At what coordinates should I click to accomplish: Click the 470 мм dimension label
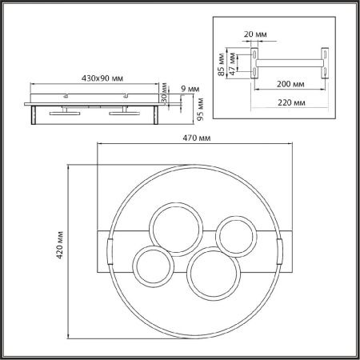click(x=197, y=138)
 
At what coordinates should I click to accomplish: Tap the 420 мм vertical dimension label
click(x=60, y=245)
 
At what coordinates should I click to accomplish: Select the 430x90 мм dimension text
click(x=102, y=78)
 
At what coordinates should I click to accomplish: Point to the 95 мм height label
click(x=200, y=110)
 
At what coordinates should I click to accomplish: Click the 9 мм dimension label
click(x=190, y=89)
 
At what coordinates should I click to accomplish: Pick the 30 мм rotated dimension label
click(x=164, y=93)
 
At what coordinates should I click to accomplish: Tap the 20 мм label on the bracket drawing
click(x=255, y=34)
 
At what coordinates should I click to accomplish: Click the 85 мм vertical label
click(x=221, y=64)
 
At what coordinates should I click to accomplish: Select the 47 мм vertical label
click(x=232, y=64)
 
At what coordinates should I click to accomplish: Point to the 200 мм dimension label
click(x=290, y=84)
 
